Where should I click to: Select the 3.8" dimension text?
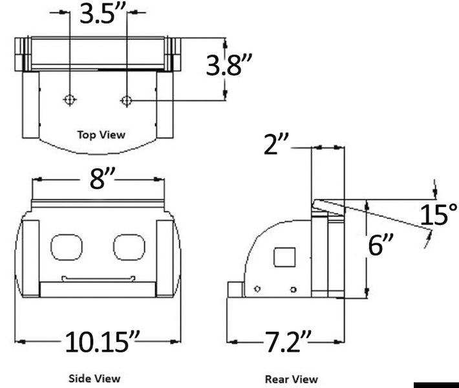[x=228, y=66]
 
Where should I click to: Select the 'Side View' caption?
[x=94, y=378]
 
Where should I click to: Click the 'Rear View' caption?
[x=292, y=379]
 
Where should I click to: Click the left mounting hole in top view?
[x=70, y=100]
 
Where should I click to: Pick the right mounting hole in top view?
[x=127, y=100]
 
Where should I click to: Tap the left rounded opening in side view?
[x=67, y=246]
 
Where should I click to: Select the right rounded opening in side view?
[x=129, y=246]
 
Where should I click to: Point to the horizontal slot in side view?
[x=98, y=279]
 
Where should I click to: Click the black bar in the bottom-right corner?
[x=434, y=385]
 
